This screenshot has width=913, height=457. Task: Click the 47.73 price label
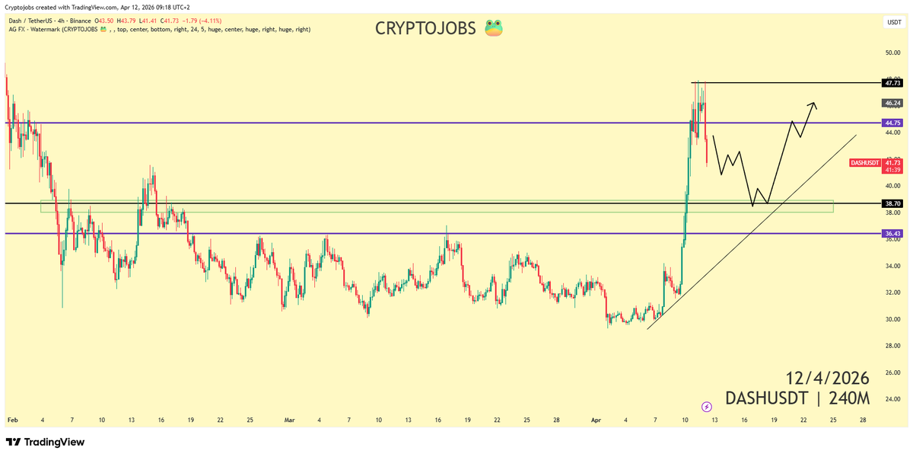pos(892,82)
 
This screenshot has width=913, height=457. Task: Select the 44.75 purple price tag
pos(892,123)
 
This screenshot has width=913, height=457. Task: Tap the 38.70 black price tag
pos(892,203)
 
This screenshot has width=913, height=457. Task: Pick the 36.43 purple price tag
pos(892,233)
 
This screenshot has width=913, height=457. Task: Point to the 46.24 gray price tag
pos(892,102)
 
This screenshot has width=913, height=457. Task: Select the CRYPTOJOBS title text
pos(426,29)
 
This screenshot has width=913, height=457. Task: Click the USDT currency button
pos(893,22)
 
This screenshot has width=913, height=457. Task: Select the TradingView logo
pos(46,442)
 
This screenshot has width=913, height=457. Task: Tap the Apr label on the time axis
pos(597,420)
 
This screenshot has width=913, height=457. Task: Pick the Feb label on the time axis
pos(12,420)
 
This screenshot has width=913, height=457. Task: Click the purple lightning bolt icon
pos(706,407)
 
